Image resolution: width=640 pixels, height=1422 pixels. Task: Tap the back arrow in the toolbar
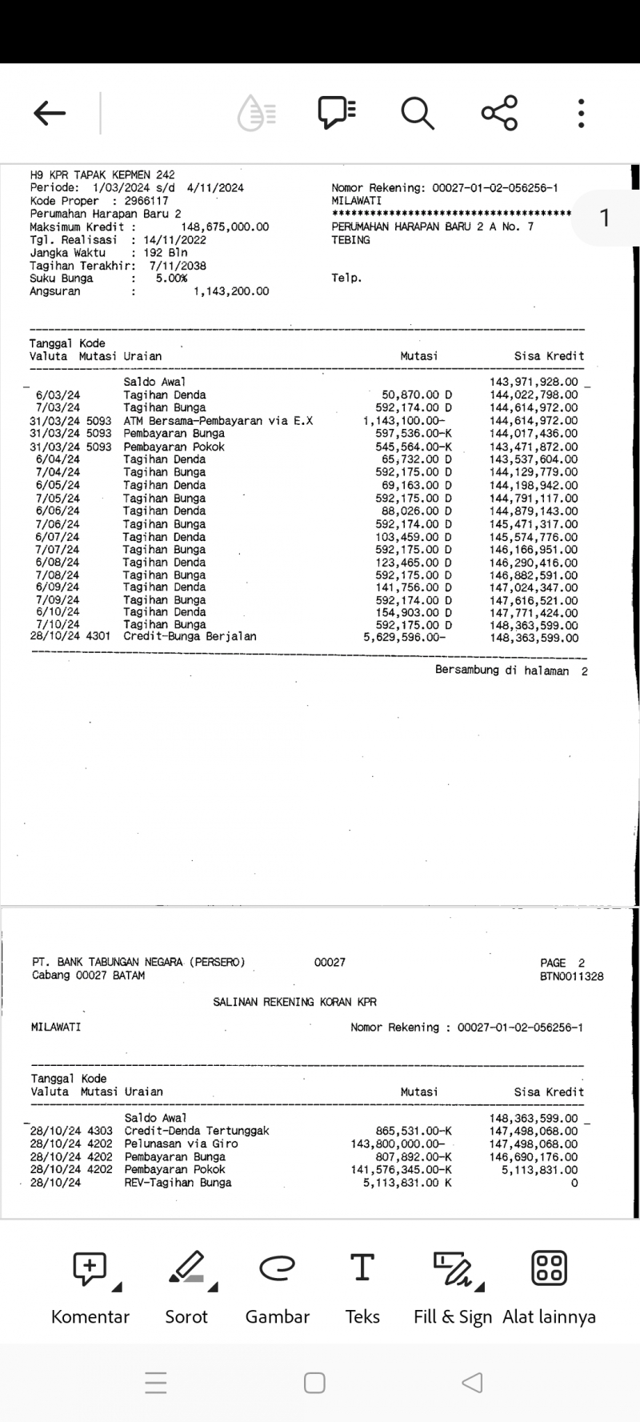(x=50, y=113)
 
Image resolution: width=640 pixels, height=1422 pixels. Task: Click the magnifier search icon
(x=417, y=113)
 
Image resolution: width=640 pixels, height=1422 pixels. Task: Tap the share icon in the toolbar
(x=499, y=113)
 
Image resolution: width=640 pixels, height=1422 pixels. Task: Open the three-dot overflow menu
(x=582, y=113)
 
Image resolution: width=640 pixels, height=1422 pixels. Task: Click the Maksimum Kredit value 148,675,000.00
(x=225, y=227)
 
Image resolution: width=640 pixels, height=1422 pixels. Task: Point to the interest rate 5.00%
(x=171, y=278)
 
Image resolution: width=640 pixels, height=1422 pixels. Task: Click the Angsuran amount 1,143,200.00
(x=231, y=291)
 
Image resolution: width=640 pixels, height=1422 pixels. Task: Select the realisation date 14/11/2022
(x=174, y=240)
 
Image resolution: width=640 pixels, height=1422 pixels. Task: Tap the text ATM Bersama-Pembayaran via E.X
(x=218, y=421)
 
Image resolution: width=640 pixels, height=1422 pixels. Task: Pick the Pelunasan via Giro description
(x=181, y=1144)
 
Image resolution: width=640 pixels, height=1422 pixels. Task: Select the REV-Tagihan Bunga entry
(x=178, y=1183)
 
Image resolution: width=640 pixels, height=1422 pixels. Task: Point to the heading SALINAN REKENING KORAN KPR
(x=294, y=1002)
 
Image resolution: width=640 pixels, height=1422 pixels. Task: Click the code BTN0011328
(x=571, y=976)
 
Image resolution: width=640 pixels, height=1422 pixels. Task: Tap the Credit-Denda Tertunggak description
(x=197, y=1132)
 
